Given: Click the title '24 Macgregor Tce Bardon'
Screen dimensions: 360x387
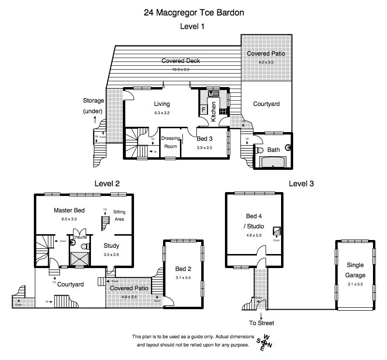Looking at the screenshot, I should [193, 13].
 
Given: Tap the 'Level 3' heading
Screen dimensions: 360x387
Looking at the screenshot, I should [301, 183].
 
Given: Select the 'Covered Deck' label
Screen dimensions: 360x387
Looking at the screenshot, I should [180, 61].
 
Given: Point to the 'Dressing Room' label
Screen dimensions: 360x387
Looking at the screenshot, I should [170, 142].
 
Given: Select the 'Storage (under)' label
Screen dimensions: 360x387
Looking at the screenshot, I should [93, 106].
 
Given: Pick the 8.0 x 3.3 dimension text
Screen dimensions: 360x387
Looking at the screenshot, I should [69, 219].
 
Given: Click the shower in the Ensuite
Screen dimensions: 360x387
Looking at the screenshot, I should [78, 259].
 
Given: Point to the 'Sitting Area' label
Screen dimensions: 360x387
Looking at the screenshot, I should [119, 215].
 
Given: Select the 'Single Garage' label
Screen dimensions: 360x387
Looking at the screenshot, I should [355, 270].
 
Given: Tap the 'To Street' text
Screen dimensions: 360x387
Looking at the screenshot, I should [262, 323].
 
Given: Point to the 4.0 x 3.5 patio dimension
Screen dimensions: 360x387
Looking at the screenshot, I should [266, 62].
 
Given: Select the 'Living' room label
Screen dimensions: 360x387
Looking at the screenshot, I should [162, 104].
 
